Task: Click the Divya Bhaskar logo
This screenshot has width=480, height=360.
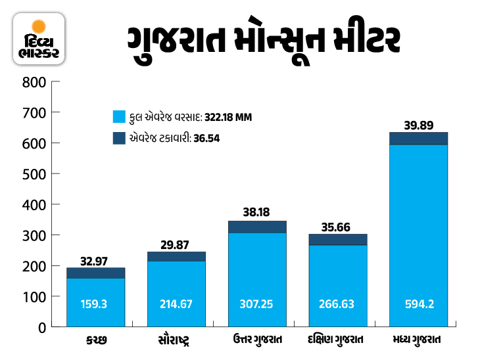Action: (39, 39)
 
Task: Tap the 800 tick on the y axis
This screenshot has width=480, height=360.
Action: (33, 82)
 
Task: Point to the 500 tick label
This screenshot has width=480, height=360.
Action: (33, 174)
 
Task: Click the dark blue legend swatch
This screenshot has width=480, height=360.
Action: (119, 139)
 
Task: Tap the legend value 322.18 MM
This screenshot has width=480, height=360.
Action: (228, 118)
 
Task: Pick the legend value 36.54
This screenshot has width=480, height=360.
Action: (206, 139)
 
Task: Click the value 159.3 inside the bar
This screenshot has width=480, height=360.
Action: (95, 304)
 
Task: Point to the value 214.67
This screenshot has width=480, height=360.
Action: (176, 304)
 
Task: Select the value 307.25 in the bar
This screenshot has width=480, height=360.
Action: (257, 304)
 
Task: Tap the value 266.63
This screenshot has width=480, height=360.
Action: (338, 304)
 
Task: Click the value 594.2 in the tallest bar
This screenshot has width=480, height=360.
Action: (419, 304)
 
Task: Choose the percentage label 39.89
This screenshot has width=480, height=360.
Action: (419, 124)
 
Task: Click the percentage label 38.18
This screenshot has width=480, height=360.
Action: (257, 213)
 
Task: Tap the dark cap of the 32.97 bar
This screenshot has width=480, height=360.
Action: (95, 273)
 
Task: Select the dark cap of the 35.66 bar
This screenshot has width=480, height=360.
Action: (338, 239)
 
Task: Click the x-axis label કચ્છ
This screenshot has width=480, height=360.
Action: (95, 341)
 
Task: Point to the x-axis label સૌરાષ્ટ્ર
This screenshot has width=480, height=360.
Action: (176, 341)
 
